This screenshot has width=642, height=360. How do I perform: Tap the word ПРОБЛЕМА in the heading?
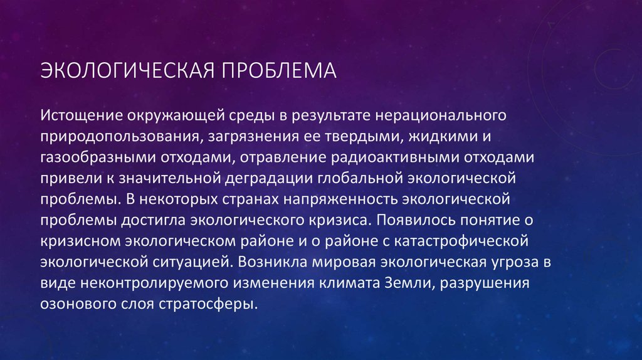tap(277, 70)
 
